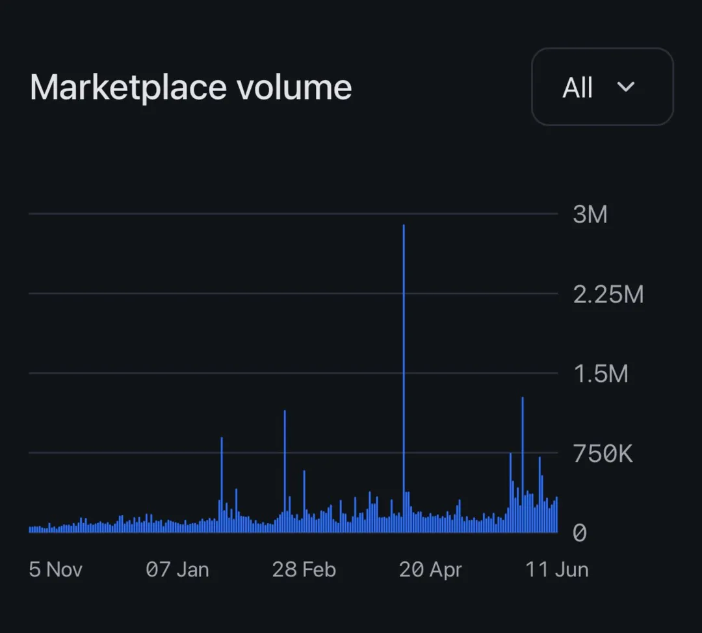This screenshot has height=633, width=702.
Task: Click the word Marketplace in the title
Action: tap(127, 88)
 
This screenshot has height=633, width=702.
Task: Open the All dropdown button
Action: tap(602, 87)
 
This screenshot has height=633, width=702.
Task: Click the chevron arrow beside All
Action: tap(625, 87)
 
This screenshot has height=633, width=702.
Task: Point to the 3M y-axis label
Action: tap(590, 214)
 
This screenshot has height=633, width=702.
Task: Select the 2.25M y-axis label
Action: tap(608, 294)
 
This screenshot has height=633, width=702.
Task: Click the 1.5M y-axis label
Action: tap(600, 374)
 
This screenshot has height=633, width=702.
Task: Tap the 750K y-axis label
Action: tap(602, 454)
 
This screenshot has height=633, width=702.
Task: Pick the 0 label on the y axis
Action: tap(579, 533)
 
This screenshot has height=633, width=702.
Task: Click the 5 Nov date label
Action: tap(56, 570)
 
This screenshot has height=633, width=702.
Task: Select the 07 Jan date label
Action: tap(177, 570)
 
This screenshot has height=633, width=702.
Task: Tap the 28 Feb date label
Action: tap(304, 570)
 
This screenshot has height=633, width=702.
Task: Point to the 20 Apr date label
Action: tap(430, 570)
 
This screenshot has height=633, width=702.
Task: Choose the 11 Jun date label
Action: tap(556, 570)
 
